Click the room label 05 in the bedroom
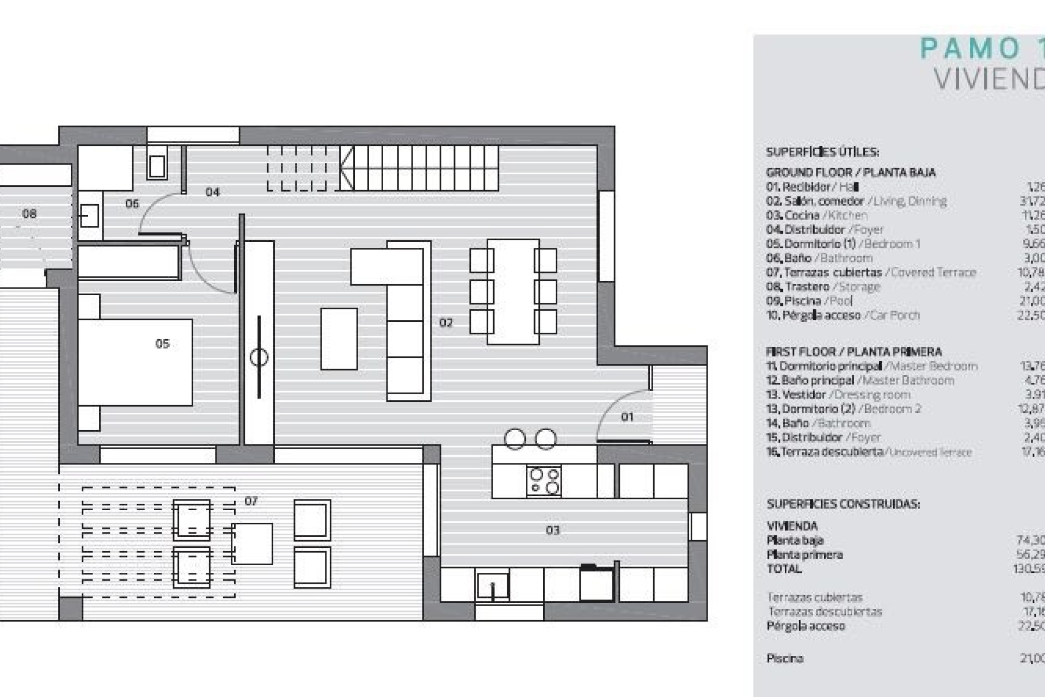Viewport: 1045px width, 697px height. point(162,344)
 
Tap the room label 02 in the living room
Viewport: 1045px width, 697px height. point(446,323)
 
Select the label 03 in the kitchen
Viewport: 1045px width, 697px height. point(552,530)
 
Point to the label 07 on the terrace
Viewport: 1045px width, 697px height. point(251,501)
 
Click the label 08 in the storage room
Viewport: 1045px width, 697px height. point(29,213)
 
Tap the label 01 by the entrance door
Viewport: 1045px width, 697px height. point(627,417)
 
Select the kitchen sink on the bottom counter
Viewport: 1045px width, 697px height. point(493,586)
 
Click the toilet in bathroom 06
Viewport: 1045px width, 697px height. point(157,166)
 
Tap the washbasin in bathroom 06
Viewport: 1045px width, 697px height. point(89,216)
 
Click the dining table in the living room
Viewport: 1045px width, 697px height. point(513,292)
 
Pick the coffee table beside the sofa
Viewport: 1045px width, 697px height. point(339,339)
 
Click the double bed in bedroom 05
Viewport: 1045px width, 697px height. point(135,362)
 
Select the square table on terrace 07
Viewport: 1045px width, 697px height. point(252,543)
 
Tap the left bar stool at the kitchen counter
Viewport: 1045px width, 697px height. point(515,439)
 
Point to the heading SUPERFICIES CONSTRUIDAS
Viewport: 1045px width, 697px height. point(843,504)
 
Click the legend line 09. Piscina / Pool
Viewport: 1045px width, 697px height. point(810,301)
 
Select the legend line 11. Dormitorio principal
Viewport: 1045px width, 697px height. point(871,366)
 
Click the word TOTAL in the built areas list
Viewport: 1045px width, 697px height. point(784,569)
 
